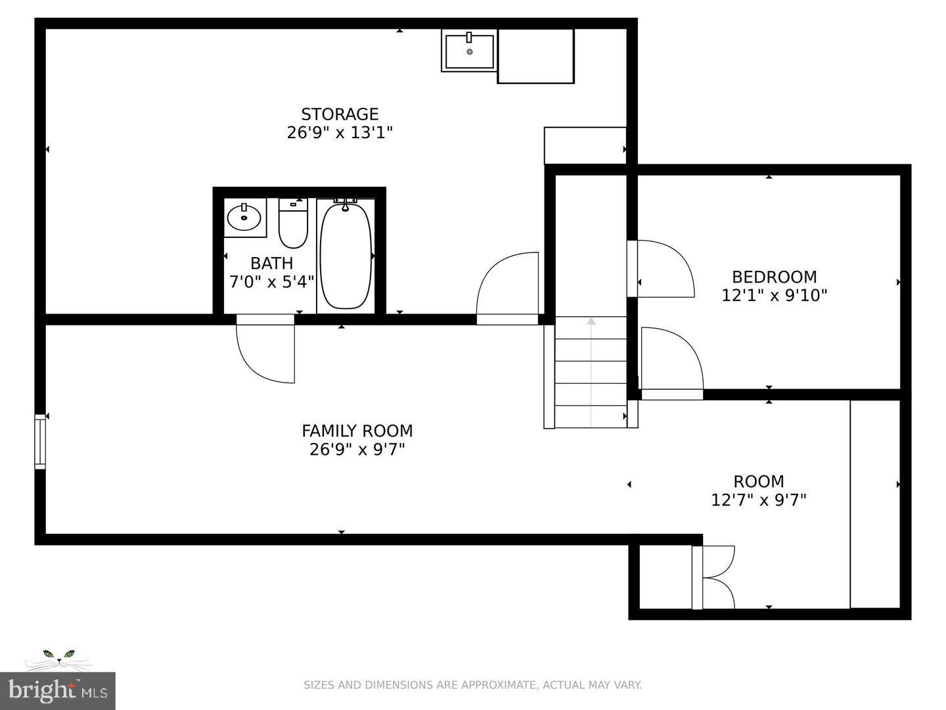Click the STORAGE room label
[x=340, y=114]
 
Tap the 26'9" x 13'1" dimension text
[x=340, y=133]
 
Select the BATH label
[x=271, y=264]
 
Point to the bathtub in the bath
[x=346, y=256]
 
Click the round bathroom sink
[x=244, y=217]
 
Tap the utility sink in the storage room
[x=469, y=51]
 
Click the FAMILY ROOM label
[x=357, y=431]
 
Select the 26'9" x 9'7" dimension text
[x=357, y=450]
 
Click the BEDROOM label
[x=774, y=277]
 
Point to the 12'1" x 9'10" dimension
[x=774, y=296]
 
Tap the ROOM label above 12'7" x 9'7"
[x=758, y=481]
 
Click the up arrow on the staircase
[x=591, y=321]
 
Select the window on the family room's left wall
[x=40, y=441]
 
